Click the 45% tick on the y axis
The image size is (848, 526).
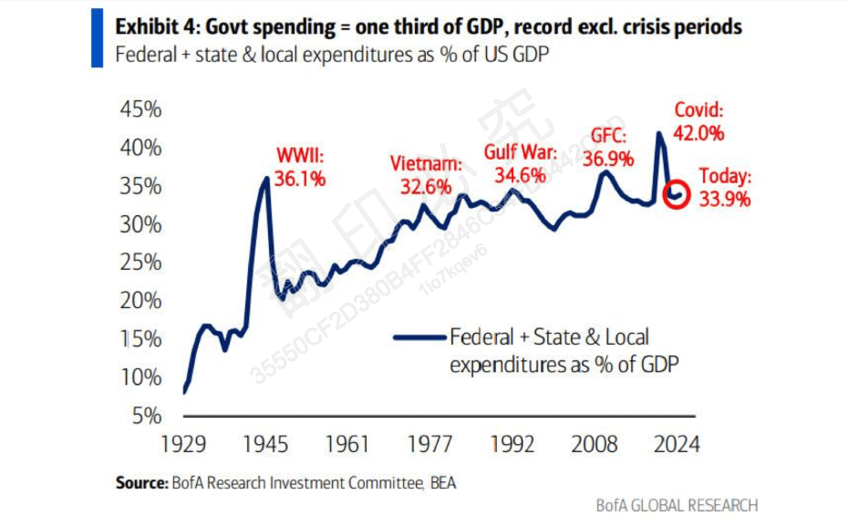click(140, 109)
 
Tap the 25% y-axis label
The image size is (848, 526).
click(140, 263)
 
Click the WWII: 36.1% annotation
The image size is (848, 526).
click(300, 167)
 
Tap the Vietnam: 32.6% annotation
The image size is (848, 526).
click(426, 174)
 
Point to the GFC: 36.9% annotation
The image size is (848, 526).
click(610, 147)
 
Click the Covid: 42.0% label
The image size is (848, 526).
click(699, 121)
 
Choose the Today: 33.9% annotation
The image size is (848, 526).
click(726, 188)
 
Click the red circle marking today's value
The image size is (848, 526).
click(676, 195)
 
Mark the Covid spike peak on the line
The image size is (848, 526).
click(659, 133)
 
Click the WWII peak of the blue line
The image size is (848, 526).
click(266, 178)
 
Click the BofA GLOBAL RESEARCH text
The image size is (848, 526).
click(677, 505)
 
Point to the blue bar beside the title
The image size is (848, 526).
click(97, 39)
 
